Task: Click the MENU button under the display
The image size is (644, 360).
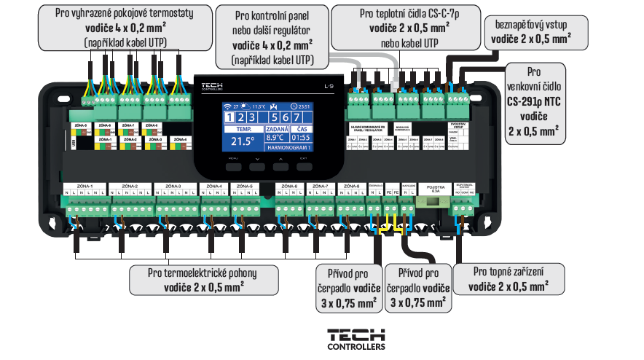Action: click(233, 165)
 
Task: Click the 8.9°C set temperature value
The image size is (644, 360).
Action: click(275, 137)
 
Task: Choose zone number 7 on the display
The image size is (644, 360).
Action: click(299, 118)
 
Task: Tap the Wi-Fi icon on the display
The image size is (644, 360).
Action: click(227, 106)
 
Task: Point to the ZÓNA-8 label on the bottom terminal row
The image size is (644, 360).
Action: click(352, 187)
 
